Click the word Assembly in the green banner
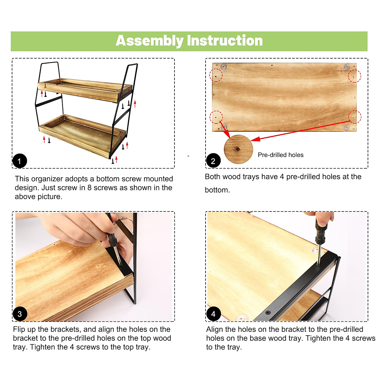pyautogui.click(x=149, y=41)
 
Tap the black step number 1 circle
pyautogui.click(x=20, y=161)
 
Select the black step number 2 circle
pyautogui.click(x=213, y=161)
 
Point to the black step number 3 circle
pyautogui.click(x=20, y=314)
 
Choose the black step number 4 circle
pyautogui.click(x=213, y=314)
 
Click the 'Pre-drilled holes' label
pyautogui.click(x=281, y=155)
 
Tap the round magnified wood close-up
pyautogui.click(x=238, y=149)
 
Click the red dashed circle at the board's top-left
pyautogui.click(x=216, y=75)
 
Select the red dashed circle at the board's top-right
pyautogui.click(x=354, y=76)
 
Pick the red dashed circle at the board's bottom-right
pyautogui.click(x=355, y=117)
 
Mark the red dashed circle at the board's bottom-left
pyautogui.click(x=216, y=117)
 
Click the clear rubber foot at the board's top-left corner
pyautogui.click(x=224, y=66)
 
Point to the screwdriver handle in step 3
pyautogui.click(x=111, y=235)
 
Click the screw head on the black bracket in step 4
pyautogui.click(x=268, y=312)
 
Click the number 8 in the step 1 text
pyautogui.click(x=89, y=187)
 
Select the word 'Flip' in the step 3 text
pyautogui.click(x=19, y=329)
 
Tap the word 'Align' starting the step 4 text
pyautogui.click(x=215, y=329)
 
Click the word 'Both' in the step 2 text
pyautogui.click(x=212, y=177)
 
